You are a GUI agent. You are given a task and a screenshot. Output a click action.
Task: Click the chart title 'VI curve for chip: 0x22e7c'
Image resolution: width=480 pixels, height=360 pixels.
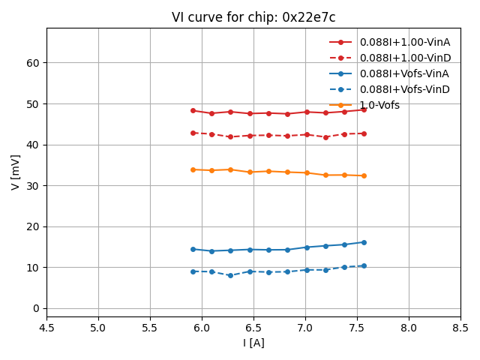[253, 17]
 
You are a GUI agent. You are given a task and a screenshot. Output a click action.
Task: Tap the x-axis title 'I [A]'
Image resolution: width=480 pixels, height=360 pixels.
[253, 343]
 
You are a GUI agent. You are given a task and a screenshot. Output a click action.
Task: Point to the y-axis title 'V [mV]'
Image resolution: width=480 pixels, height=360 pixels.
[16, 172]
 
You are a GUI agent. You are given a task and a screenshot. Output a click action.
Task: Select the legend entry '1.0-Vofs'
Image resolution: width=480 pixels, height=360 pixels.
[379, 105]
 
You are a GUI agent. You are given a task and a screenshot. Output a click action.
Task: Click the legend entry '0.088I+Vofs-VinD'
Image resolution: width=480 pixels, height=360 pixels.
[404, 89]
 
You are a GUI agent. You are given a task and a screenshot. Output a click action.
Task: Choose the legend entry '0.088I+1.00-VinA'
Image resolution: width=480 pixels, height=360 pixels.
[404, 42]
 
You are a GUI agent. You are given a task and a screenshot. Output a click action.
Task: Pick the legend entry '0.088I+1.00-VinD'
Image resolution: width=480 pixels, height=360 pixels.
[404, 58]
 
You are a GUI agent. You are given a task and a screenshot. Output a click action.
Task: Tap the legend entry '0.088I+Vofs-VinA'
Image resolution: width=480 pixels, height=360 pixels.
[404, 73]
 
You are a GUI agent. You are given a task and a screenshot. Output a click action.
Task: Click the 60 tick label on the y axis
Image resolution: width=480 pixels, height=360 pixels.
[33, 63]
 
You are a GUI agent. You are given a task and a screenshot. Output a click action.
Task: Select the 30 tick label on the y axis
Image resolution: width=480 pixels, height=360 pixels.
[33, 185]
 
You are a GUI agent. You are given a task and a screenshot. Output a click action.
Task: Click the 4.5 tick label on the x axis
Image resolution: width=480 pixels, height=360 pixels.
[46, 327]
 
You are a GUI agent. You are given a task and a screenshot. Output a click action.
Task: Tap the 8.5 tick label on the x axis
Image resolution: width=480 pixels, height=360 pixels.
[460, 327]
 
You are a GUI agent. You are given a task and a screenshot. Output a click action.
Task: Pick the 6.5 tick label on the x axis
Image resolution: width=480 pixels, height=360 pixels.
[253, 327]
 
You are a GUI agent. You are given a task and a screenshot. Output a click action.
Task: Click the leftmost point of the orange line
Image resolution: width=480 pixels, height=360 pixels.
[193, 169]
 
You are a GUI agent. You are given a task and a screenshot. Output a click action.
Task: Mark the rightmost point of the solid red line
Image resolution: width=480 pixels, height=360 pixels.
[364, 109]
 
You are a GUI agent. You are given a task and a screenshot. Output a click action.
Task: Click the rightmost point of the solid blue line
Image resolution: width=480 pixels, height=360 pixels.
[364, 242]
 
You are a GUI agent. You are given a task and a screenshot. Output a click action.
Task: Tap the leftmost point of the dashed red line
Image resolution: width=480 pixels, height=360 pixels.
[193, 133]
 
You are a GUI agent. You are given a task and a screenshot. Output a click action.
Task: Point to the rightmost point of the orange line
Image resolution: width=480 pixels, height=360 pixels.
[364, 175]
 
